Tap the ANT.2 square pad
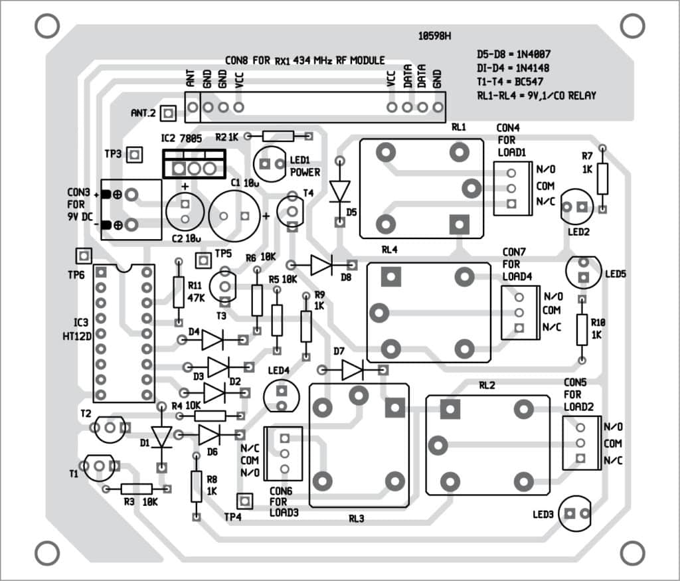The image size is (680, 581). (x=169, y=114)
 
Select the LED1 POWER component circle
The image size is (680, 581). (x=269, y=163)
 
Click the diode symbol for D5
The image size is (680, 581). (x=340, y=191)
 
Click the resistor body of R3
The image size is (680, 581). (x=137, y=489)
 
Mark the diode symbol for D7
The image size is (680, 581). (x=353, y=370)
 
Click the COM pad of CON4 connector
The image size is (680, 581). (x=511, y=187)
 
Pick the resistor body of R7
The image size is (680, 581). (x=602, y=178)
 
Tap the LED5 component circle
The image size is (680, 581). (x=582, y=271)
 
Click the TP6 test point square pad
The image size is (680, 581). (x=83, y=256)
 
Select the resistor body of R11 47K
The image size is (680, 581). (x=178, y=292)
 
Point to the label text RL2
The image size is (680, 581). (x=488, y=385)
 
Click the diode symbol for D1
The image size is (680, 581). (x=161, y=436)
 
